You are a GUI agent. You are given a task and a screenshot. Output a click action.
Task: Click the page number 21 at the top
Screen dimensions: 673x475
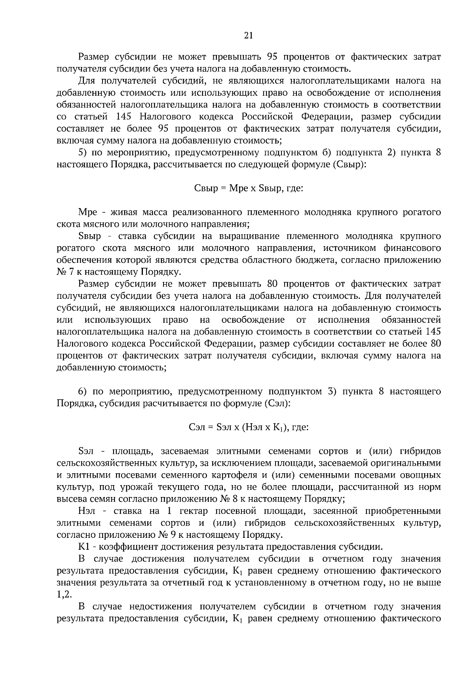click(248, 36)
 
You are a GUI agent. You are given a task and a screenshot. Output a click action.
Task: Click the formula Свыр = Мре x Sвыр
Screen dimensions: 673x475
click(249, 188)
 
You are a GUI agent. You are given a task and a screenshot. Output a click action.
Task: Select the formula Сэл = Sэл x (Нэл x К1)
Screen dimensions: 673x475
click(249, 427)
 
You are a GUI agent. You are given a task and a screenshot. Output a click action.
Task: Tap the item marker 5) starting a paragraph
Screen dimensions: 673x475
click(82, 153)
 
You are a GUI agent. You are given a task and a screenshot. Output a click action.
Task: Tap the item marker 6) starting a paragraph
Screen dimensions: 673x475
click(82, 392)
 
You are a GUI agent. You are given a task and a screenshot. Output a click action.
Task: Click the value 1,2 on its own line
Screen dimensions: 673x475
click(64, 595)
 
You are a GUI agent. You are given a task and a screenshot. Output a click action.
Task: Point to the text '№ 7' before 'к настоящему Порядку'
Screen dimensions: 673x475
click(64, 272)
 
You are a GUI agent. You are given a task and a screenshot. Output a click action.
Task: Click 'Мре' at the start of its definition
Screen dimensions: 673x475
click(85, 212)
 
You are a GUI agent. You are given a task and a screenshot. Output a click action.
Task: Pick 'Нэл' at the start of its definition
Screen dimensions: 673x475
click(87, 511)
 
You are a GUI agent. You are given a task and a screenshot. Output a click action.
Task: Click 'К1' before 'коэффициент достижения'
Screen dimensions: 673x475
click(85, 547)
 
